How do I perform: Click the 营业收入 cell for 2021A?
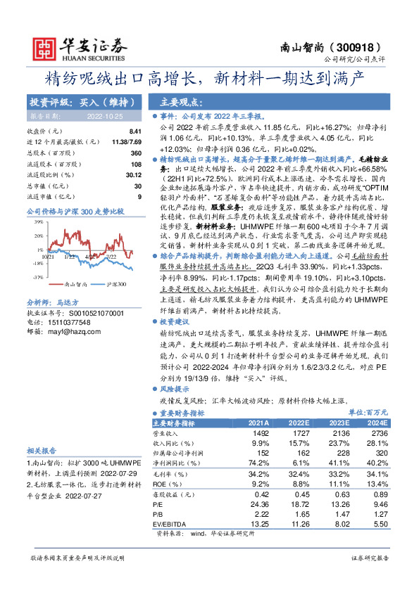(259, 435)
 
